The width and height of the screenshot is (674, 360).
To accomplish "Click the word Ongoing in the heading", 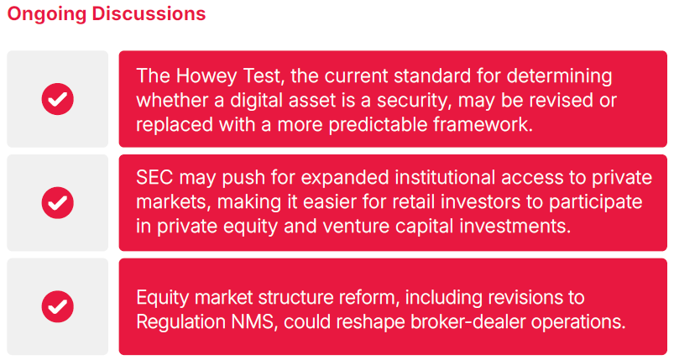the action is coord(47,14).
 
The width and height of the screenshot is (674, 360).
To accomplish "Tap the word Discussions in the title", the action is coord(149,13).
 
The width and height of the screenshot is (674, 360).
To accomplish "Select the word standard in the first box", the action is coord(432,76).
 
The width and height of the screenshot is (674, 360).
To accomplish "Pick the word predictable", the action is coord(379,125).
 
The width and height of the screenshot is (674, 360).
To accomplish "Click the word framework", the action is coord(483,124).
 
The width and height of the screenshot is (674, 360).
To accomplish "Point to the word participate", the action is coord(596,203).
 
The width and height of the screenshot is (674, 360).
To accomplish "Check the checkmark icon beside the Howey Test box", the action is coord(58,99).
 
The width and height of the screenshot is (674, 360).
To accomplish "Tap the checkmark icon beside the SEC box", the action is coord(58,203).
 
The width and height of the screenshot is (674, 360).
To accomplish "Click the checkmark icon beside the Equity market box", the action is coord(58,307).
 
